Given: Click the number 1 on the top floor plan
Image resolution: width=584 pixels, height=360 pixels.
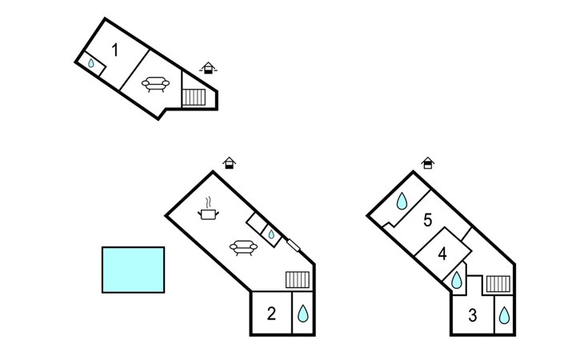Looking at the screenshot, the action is [114, 50].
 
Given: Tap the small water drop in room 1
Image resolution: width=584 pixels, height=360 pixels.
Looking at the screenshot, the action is [91, 63].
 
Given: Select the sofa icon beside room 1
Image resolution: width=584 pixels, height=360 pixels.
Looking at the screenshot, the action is [155, 84].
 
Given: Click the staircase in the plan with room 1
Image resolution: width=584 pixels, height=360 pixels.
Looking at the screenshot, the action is [194, 97].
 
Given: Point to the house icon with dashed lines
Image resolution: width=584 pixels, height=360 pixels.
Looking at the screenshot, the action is [208, 68].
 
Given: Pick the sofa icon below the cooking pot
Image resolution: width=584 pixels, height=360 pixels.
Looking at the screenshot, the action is [243, 248].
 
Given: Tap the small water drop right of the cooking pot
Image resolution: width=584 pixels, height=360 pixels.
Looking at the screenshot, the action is [271, 234].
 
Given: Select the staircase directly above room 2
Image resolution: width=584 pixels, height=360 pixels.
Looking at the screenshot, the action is [298, 279].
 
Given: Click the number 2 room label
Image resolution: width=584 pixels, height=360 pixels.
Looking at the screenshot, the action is [271, 314].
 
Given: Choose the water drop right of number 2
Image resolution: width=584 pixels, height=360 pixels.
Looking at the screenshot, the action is [303, 314].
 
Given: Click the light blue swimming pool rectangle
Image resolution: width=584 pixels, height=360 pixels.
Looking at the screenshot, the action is [134, 270].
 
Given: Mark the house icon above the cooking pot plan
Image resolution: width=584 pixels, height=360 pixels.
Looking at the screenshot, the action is [230, 163].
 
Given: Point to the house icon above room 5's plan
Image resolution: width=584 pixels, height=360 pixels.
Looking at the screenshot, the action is [428, 163].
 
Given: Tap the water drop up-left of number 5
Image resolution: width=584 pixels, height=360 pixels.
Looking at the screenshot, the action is [402, 201].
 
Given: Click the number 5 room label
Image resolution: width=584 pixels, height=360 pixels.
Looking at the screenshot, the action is [427, 220].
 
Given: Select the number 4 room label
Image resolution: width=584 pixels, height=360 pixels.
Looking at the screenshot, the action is [442, 254].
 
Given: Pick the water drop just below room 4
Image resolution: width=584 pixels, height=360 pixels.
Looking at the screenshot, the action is [456, 280].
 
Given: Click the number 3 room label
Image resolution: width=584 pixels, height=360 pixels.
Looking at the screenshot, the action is [472, 315].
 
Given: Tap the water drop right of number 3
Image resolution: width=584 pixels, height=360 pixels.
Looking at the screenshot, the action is [504, 315].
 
